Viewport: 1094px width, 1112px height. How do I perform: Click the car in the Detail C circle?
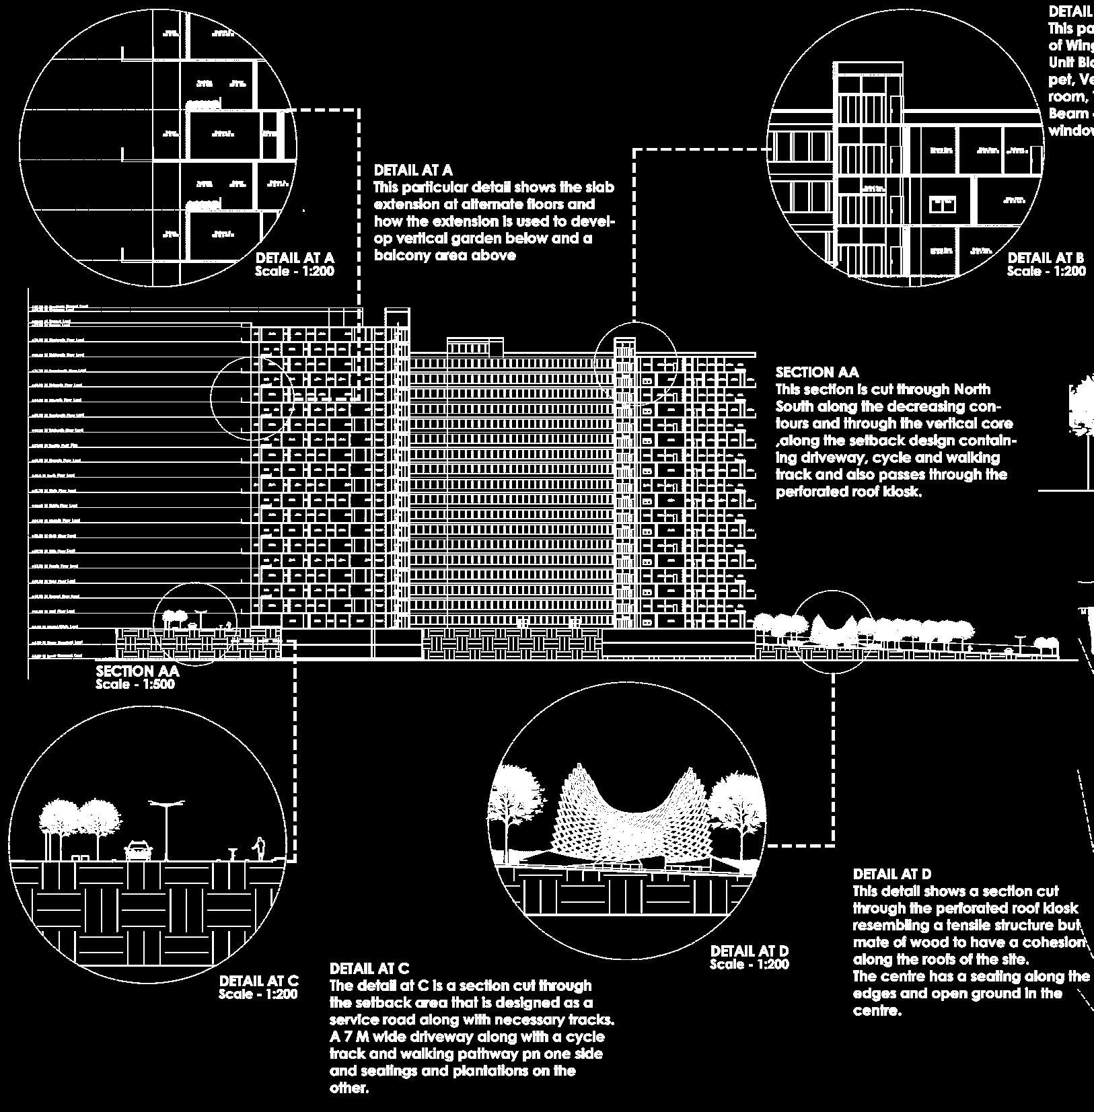point(137,850)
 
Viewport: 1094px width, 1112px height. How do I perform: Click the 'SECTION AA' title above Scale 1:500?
point(137,671)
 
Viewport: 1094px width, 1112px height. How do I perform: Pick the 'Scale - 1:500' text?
point(135,684)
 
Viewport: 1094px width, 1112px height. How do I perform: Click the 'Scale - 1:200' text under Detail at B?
point(1046,271)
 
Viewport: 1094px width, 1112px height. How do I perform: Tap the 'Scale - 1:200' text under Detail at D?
point(750,964)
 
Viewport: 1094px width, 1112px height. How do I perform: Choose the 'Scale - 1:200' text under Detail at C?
point(258,994)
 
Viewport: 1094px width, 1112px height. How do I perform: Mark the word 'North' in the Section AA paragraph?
point(970,390)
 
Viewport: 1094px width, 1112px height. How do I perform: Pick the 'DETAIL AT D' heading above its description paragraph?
point(892,874)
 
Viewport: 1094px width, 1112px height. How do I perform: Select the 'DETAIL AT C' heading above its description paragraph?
point(369,969)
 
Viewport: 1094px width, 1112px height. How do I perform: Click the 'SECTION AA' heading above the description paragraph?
point(817,372)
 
